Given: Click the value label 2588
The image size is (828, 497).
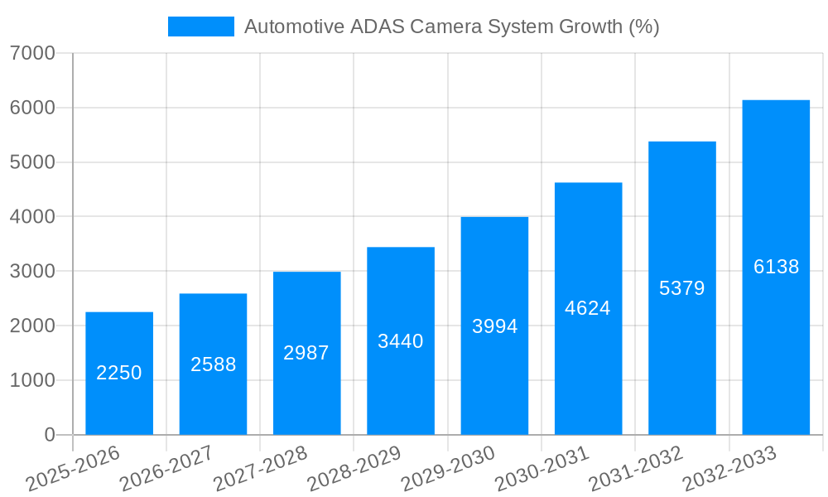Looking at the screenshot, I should click(x=213, y=364).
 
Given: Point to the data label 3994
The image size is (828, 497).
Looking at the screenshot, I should click(x=494, y=326).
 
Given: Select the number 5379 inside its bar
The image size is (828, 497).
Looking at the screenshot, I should click(x=681, y=288).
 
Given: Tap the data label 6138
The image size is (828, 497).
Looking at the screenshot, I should click(x=776, y=267).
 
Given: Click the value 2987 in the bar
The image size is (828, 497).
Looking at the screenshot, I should click(x=306, y=353).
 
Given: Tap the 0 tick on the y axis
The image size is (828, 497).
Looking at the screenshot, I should click(x=49, y=435).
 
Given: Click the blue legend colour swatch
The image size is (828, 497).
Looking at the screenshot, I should click(x=201, y=27).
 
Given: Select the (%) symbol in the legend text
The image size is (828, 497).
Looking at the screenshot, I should click(x=643, y=27).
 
